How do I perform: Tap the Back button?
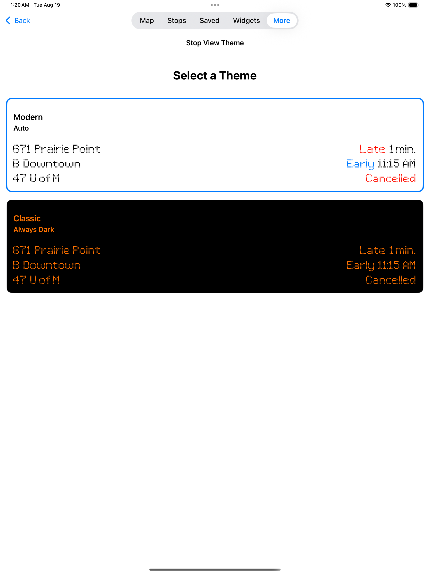(x=18, y=20)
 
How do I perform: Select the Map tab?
(x=147, y=20)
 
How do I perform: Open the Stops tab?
(x=176, y=20)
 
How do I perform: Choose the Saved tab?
(x=209, y=20)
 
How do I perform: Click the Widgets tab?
(x=246, y=20)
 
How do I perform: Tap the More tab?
(x=281, y=20)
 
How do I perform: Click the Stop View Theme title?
(x=215, y=43)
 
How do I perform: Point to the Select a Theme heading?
(x=215, y=76)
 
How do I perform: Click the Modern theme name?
(x=28, y=117)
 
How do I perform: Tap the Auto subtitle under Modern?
(x=21, y=128)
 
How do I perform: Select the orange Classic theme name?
(x=27, y=219)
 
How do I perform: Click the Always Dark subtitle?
(x=34, y=229)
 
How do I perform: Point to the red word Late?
(x=372, y=149)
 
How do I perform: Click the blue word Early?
(x=360, y=164)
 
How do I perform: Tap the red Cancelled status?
(x=391, y=179)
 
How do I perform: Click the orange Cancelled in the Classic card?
(x=391, y=280)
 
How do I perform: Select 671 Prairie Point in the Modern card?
(x=56, y=149)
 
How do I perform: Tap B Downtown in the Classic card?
(x=47, y=265)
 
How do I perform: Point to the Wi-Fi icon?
(x=388, y=5)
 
